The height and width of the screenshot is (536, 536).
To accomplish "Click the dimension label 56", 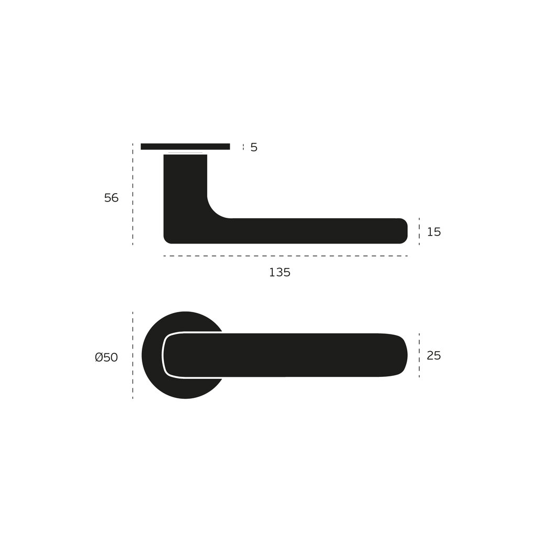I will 111,198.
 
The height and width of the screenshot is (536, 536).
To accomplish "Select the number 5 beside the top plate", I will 254,148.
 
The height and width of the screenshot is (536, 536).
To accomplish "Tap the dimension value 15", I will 434,232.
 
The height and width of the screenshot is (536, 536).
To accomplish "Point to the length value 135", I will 280,273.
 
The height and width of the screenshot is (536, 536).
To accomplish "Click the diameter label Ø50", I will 106,358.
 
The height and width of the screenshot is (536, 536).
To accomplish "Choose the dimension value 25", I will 434,356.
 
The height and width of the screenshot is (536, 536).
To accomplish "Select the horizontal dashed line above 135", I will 285,256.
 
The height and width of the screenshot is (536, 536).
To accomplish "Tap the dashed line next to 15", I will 419,231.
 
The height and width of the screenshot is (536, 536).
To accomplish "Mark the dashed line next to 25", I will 419,355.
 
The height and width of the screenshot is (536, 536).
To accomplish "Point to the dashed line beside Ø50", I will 132,355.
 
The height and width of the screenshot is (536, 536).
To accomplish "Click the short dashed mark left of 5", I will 243,147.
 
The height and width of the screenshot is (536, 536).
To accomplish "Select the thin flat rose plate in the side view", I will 185,147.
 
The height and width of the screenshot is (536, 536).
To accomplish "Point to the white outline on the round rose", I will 164,355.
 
